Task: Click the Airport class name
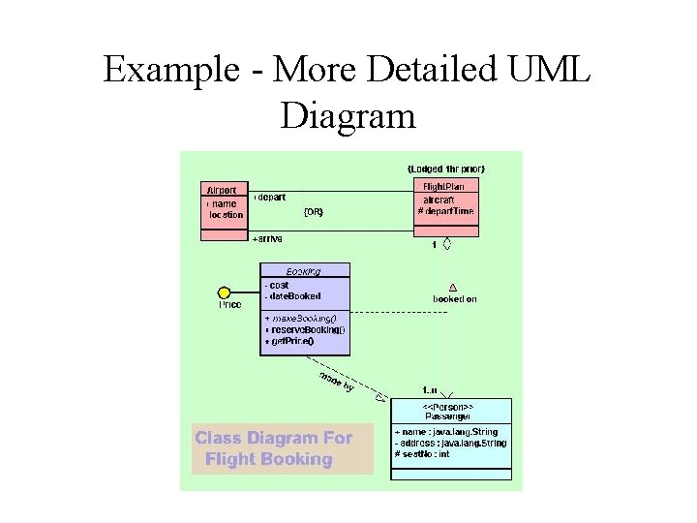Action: pos(221,190)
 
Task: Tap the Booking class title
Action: pos(304,271)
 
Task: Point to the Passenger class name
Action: pos(448,415)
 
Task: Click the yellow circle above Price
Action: pos(225,292)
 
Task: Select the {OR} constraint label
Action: pos(314,211)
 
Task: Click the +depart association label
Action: pos(270,197)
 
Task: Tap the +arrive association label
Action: pos(267,238)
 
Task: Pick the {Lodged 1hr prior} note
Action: pos(446,169)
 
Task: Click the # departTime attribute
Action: pos(446,211)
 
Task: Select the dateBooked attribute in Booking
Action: pos(293,296)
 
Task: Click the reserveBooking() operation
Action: pos(305,329)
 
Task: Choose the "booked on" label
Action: pos(454,299)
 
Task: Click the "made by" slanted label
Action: pos(335,382)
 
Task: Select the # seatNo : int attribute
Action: pos(422,454)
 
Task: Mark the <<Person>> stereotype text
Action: pos(448,405)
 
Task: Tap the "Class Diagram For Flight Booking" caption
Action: pos(274,448)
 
